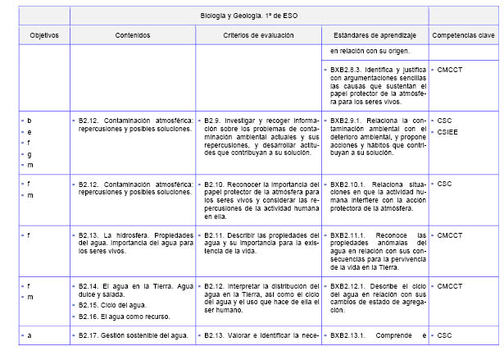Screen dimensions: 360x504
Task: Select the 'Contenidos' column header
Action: pyautogui.click(x=133, y=36)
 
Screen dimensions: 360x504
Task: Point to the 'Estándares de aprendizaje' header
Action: pyautogui.click(x=376, y=36)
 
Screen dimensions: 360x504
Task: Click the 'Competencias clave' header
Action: pyautogui.click(x=463, y=36)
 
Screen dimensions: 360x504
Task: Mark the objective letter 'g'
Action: pyautogui.click(x=30, y=154)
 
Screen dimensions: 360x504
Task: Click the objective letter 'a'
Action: pyautogui.click(x=30, y=335)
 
